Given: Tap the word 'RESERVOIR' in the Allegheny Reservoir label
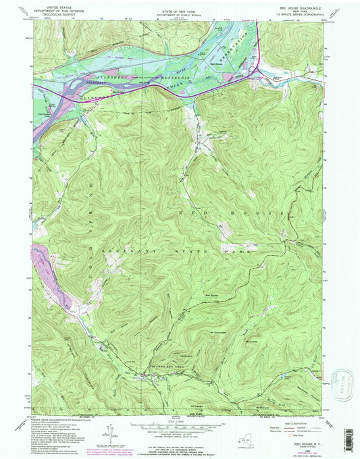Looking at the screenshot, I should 159,78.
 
